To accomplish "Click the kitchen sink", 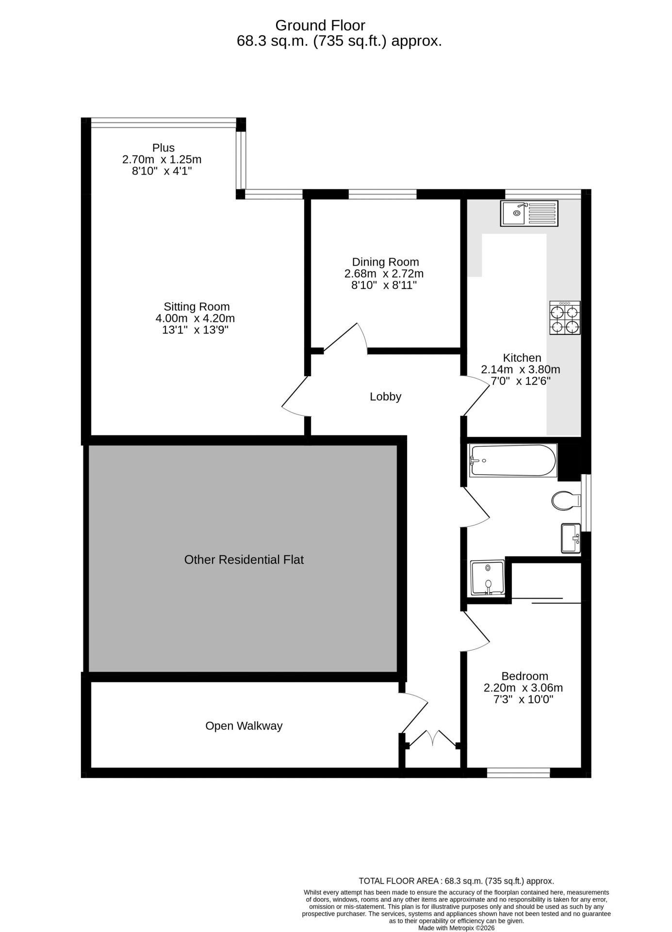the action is [529, 213].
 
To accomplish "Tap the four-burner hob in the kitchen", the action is [565, 317].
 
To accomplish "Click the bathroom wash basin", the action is [571, 538].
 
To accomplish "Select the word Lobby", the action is [386, 397].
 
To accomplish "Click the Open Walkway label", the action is [244, 726].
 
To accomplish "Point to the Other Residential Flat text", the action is [244, 560].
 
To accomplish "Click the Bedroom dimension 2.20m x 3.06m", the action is [523, 688].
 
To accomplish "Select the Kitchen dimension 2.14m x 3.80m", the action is [521, 369].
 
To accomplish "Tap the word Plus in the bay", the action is [164, 148].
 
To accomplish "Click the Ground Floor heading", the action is [320, 25].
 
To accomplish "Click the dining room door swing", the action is [345, 337].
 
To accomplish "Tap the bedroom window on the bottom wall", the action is [519, 772].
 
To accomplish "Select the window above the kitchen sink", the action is [543, 194].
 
